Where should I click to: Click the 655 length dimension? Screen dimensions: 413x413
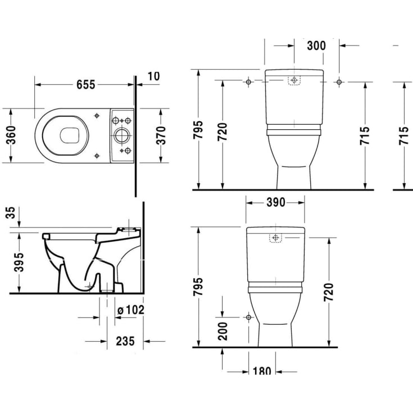click(x=85, y=84)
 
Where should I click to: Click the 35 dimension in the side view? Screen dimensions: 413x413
click(x=11, y=214)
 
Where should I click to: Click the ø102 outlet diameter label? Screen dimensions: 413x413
click(x=131, y=309)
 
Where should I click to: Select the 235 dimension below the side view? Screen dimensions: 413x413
click(x=125, y=341)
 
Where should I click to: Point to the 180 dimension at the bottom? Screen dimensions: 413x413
click(x=262, y=371)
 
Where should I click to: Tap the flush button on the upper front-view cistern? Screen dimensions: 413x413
click(x=294, y=80)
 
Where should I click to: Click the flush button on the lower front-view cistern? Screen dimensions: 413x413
click(x=275, y=238)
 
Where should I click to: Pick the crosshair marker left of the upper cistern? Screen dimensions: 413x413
click(x=248, y=83)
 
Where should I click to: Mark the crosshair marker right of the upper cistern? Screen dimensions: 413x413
click(x=339, y=83)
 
